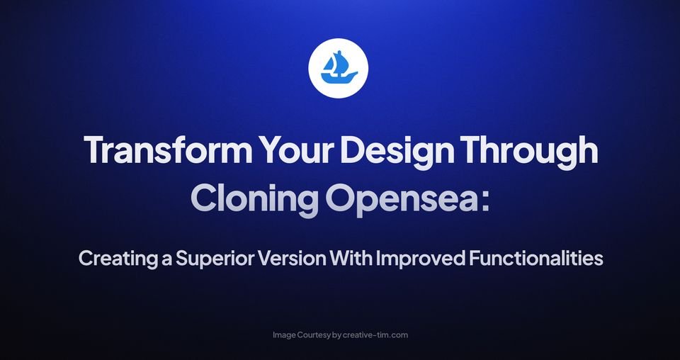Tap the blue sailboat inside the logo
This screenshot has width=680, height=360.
click(339, 66)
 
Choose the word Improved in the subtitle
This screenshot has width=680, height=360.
click(420, 259)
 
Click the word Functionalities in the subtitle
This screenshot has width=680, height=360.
click(536, 259)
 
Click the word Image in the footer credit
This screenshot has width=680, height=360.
click(285, 334)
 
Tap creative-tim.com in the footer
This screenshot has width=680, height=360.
click(375, 334)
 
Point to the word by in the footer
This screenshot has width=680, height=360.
click(337, 334)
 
